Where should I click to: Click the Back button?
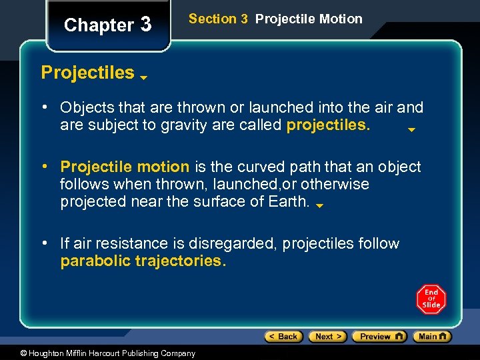(x=283, y=337)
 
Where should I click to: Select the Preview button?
(x=379, y=337)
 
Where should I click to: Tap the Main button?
(x=431, y=337)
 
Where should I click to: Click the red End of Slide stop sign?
(x=431, y=299)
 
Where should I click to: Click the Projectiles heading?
(x=87, y=73)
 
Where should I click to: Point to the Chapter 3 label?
(x=107, y=25)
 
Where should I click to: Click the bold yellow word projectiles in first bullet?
(x=328, y=125)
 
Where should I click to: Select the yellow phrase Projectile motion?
(x=125, y=167)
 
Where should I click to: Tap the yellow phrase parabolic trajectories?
(x=143, y=261)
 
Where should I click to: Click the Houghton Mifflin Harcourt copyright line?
(x=98, y=353)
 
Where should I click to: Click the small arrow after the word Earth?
(x=319, y=206)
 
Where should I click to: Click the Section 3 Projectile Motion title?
(x=275, y=19)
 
